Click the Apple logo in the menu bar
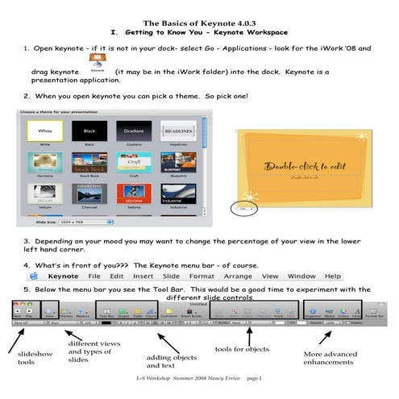click(36, 276)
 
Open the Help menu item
click(333, 276)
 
